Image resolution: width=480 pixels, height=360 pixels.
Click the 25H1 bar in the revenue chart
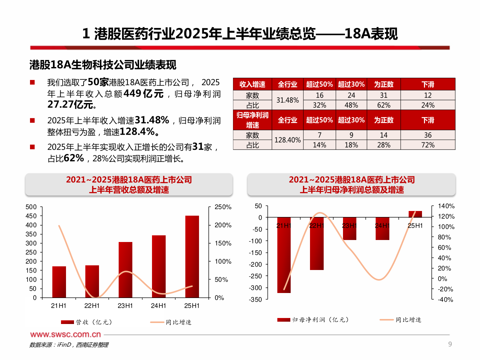pyautogui.click(x=192, y=256)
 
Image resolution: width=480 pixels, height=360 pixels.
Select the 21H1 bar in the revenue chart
pyautogui.click(x=59, y=282)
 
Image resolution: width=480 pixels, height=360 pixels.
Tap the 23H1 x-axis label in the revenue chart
pyautogui.click(x=125, y=306)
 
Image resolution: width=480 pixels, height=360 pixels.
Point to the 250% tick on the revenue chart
pyautogui.click(x=223, y=207)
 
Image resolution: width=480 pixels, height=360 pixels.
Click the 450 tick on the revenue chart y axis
pyautogui.click(x=31, y=216)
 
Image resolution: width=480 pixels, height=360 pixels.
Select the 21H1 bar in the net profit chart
pyautogui.click(x=284, y=255)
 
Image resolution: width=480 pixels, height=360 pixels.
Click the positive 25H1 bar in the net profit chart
pyautogui.click(x=415, y=214)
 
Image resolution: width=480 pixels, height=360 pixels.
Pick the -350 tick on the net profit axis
pyautogui.click(x=255, y=300)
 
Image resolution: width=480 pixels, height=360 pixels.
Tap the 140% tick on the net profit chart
pyautogui.click(x=446, y=206)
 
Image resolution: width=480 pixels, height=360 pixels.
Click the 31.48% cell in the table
pyautogui.click(x=287, y=100)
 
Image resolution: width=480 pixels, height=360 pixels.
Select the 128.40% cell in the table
pyautogui.click(x=287, y=140)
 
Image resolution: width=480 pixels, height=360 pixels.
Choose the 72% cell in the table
pyautogui.click(x=428, y=145)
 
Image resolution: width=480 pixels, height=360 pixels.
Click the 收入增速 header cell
pyautogui.click(x=252, y=84)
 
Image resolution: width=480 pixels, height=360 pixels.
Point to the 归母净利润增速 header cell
pyautogui.click(x=252, y=120)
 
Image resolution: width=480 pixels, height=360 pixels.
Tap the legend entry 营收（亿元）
pyautogui.click(x=87, y=322)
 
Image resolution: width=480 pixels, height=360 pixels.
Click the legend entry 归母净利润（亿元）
pyautogui.click(x=313, y=320)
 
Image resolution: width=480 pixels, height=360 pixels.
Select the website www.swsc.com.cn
pyautogui.click(x=65, y=334)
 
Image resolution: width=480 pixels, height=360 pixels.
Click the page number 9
pyautogui.click(x=450, y=344)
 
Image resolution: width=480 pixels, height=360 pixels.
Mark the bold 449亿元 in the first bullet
pyautogui.click(x=143, y=94)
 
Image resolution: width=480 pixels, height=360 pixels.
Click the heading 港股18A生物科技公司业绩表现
pyautogui.click(x=103, y=65)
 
